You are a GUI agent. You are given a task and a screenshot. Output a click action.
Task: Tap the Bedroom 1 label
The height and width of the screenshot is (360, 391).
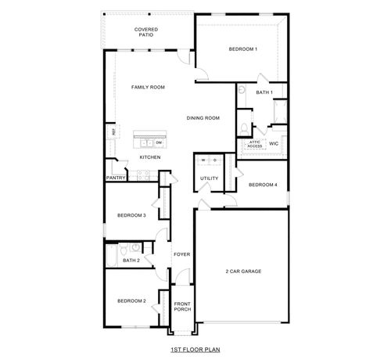click(242, 49)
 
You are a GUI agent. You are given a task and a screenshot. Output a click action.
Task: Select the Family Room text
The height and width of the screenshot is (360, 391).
click(147, 87)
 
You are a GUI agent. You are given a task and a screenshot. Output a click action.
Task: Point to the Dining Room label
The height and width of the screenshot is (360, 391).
click(203, 118)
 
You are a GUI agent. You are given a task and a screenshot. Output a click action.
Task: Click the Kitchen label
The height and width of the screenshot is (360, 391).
click(150, 157)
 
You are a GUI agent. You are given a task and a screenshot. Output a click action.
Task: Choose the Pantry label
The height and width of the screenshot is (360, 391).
click(116, 178)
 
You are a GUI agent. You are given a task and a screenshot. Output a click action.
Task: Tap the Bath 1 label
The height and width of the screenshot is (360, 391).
click(264, 92)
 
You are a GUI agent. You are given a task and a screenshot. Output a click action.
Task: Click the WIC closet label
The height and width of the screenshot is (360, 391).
click(274, 144)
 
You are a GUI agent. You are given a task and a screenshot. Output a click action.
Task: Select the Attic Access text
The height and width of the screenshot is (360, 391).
click(255, 145)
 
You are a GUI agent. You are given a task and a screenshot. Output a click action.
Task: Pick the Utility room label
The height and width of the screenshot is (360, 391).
click(210, 178)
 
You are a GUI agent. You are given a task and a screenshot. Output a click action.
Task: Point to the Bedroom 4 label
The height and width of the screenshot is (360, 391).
click(263, 185)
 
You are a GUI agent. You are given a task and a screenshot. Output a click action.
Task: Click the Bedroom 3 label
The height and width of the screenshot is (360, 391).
click(131, 215)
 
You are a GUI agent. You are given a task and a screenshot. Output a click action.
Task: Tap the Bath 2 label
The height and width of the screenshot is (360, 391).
click(131, 260)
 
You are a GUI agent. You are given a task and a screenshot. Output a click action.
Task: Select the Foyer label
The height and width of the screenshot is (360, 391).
click(182, 254)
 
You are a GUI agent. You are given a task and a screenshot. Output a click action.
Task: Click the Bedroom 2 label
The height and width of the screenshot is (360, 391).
click(131, 301)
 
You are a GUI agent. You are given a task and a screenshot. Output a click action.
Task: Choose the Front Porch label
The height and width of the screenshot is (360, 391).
click(182, 306)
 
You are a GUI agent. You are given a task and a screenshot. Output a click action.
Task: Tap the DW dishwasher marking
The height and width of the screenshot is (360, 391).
click(159, 143)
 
